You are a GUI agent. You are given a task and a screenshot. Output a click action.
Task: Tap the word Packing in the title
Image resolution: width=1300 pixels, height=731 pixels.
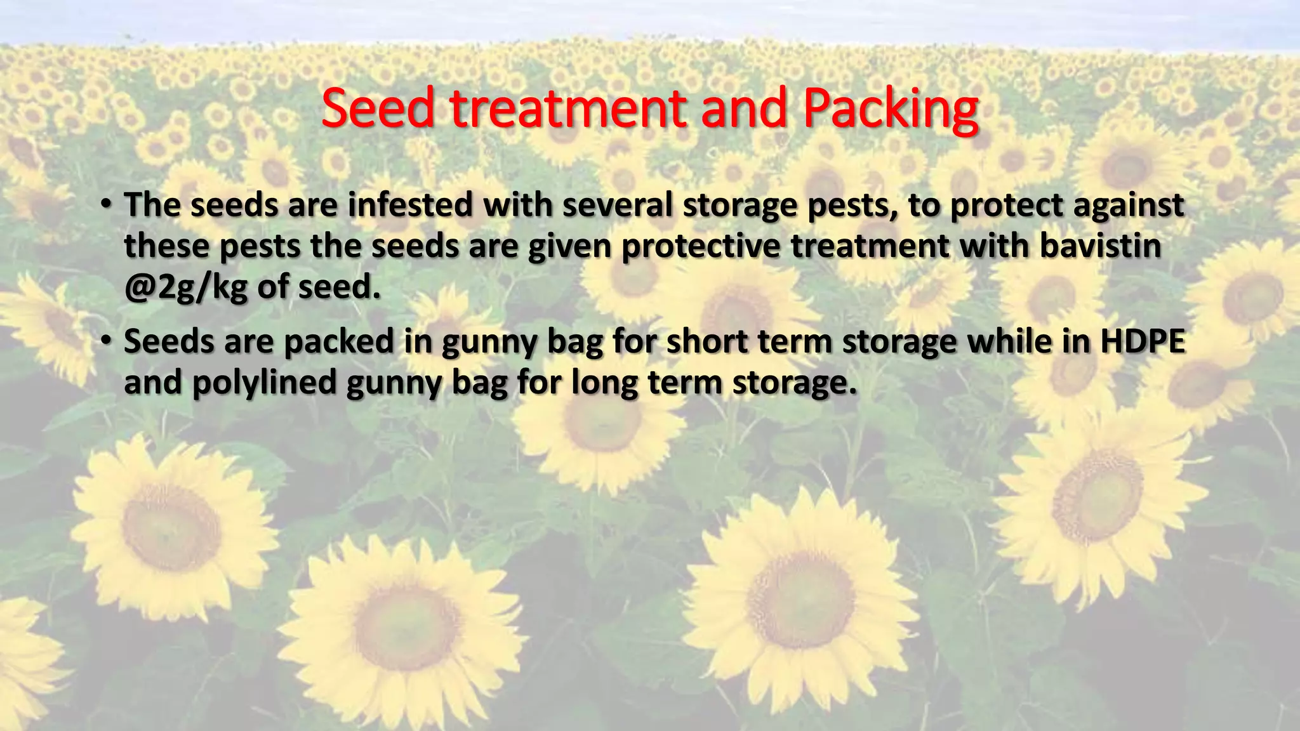coord(890,109)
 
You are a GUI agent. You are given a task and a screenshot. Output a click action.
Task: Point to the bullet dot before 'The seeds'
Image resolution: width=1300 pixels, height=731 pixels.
coord(105,204)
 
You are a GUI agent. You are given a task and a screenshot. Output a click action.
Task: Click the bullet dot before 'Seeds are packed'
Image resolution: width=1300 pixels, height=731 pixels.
coord(105,341)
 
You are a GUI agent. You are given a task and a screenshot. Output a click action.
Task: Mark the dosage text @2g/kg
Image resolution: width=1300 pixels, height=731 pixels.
coord(186,288)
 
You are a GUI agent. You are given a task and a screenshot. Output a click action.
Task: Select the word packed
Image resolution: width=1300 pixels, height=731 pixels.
coord(339,341)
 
